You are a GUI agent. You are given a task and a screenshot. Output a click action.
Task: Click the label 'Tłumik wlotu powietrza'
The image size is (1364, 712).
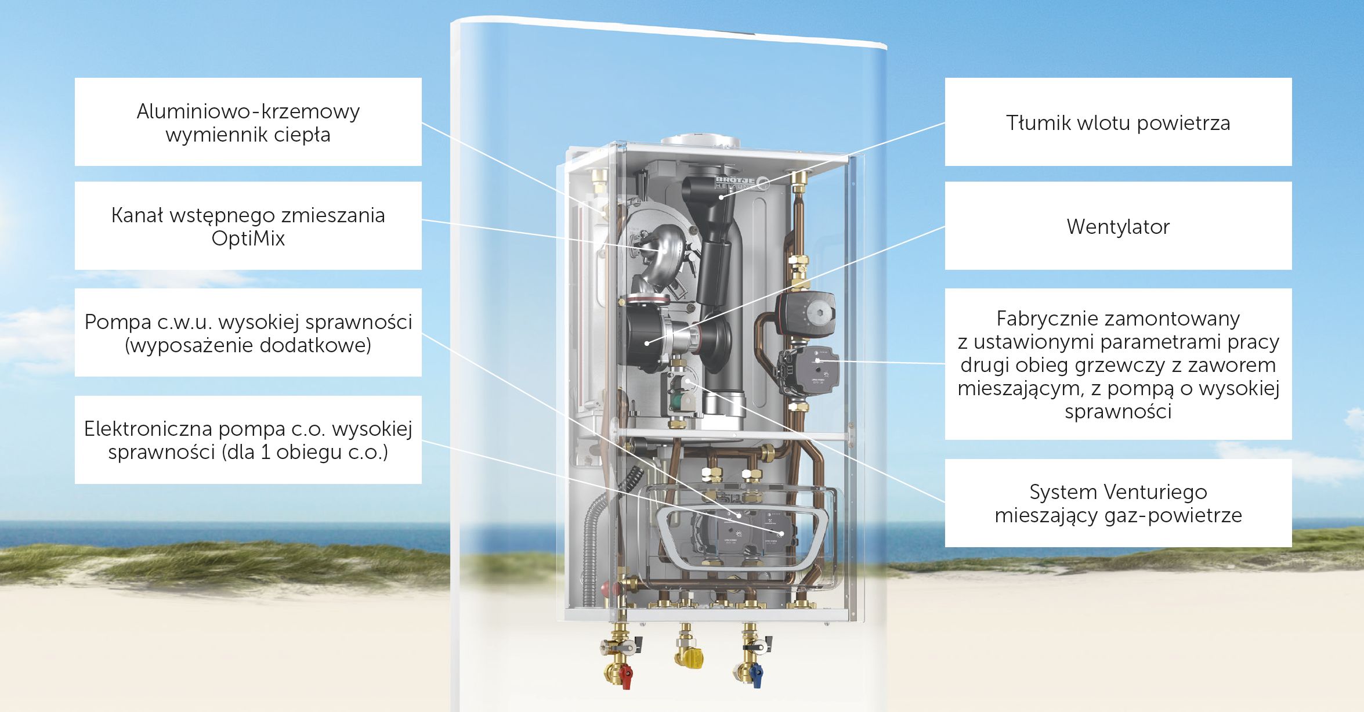(x=1117, y=123)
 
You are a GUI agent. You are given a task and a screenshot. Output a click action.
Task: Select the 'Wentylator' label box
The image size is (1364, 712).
(x=1117, y=226)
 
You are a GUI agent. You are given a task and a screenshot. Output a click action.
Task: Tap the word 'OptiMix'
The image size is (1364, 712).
(x=248, y=238)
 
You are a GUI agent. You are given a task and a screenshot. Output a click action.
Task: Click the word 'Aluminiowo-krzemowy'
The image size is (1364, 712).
(x=248, y=111)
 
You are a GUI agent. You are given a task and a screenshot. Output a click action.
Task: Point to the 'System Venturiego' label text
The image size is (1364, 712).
(x=1117, y=492)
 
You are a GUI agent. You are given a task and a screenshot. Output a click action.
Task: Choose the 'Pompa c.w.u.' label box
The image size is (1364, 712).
(x=248, y=332)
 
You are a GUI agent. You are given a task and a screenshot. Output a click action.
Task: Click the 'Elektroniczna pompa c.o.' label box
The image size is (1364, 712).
(x=248, y=440)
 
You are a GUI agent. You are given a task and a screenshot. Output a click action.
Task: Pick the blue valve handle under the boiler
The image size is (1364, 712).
(x=756, y=674)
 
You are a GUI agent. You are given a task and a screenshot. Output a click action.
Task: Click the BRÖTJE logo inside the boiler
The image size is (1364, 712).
(x=736, y=182)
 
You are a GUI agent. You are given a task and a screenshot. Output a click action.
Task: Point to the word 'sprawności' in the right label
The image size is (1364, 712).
(x=1117, y=411)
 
